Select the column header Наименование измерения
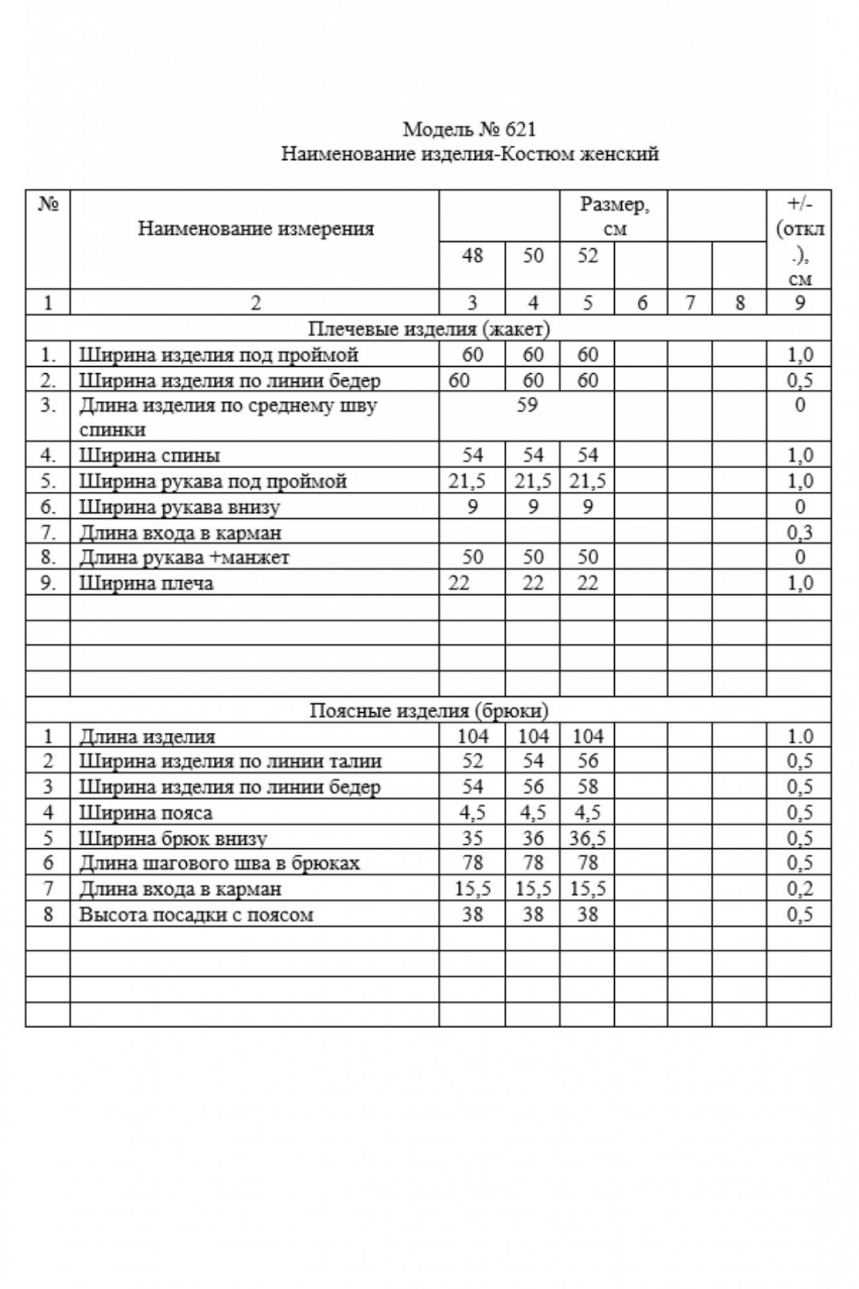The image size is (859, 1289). [x=256, y=228]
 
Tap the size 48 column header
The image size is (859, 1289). [x=472, y=256]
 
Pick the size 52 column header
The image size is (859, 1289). [x=587, y=256]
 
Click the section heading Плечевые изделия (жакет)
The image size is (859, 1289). [x=429, y=329]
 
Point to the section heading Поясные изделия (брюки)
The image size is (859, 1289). [x=429, y=710]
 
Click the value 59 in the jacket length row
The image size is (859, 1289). [x=526, y=405]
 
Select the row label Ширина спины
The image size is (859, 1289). [x=150, y=455]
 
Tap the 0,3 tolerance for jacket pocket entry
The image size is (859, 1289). [x=800, y=532]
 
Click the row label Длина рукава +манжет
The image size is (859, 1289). [x=184, y=557]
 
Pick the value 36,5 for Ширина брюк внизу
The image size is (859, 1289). [x=588, y=838]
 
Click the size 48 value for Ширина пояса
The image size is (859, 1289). [x=472, y=813]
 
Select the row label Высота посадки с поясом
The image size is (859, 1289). [x=196, y=914]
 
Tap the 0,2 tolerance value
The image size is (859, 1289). [x=800, y=889]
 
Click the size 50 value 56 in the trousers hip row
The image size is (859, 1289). [x=533, y=787]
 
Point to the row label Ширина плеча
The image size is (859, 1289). [x=146, y=583]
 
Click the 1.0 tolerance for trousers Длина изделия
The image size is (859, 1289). [x=800, y=736]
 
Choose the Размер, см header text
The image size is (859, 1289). [x=614, y=216]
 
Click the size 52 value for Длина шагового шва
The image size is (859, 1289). [x=588, y=863]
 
